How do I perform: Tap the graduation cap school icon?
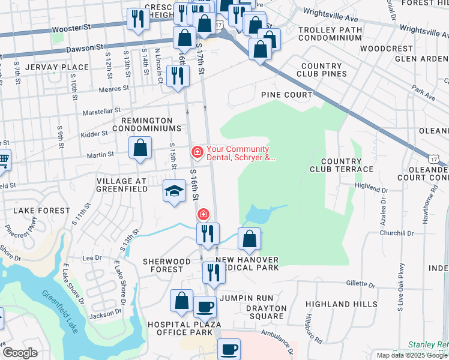174,191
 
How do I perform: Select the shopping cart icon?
3,160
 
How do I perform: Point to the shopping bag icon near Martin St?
140,148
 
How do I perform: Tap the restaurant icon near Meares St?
178,76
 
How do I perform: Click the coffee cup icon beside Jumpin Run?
205,307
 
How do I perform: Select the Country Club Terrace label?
347,165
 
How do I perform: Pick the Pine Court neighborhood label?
286,95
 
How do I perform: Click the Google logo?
20,353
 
